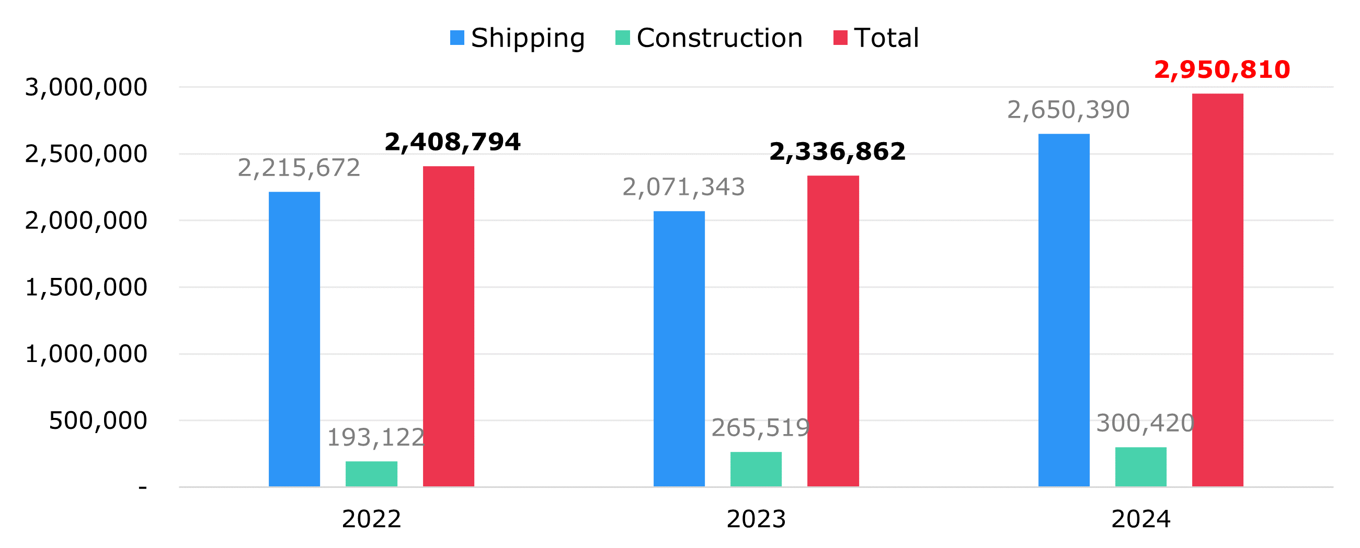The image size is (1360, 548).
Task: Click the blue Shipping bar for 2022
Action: [294, 339]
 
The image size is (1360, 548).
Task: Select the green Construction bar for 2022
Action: [371, 474]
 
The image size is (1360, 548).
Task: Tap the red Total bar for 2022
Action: [448, 326]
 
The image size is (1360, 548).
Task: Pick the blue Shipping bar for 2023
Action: [679, 348]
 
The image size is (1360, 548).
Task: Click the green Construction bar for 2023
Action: [756, 469]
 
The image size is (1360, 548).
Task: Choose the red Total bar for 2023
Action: [833, 331]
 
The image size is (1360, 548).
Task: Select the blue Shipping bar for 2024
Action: [1064, 310]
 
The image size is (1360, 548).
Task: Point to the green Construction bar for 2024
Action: [1141, 467]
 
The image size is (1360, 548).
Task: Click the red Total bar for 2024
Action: [1217, 289]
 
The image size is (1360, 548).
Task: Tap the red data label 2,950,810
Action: [1221, 70]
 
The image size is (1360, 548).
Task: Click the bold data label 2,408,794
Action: [452, 142]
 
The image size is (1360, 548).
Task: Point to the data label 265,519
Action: [760, 428]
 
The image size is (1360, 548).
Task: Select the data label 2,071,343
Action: [683, 187]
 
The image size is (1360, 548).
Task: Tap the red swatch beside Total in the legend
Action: [840, 38]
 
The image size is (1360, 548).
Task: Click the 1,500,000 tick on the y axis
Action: [86, 287]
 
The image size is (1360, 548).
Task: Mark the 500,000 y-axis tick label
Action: [98, 421]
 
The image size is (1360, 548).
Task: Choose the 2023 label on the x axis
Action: [756, 519]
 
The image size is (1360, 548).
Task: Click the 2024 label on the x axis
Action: [1141, 519]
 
